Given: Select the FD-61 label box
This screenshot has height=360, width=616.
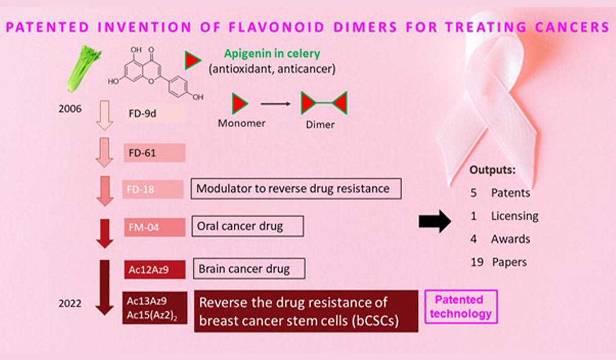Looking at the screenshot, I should tap(154, 153).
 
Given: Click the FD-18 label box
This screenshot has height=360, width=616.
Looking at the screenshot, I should tap(153, 189).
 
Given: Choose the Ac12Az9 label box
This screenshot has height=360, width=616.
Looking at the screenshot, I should tap(154, 270).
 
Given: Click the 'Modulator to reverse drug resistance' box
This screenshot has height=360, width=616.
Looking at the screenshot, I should tap(296, 189).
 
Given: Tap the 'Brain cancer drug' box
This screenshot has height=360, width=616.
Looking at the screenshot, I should tap(249, 269).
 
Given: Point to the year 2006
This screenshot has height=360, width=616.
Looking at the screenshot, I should tap(70, 109).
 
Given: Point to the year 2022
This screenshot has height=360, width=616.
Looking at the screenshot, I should tap(70, 304).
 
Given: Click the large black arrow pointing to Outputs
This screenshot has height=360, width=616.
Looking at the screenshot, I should tap(434, 221).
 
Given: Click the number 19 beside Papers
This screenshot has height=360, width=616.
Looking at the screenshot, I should tap(477, 262).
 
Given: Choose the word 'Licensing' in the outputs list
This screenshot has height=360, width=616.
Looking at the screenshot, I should tap(514, 216).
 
